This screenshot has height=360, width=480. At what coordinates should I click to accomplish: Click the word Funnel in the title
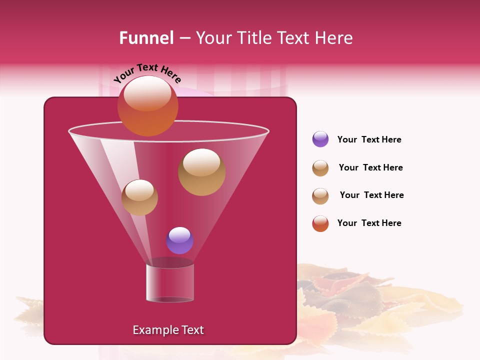point(146,38)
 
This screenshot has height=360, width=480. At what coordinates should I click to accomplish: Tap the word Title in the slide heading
point(254,38)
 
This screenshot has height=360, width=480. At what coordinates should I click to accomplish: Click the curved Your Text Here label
point(147,73)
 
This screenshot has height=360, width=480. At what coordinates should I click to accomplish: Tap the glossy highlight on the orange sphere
point(147,93)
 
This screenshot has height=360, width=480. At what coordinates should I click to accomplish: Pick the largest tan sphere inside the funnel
point(201,172)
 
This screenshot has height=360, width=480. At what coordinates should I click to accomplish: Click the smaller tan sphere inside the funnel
point(139,197)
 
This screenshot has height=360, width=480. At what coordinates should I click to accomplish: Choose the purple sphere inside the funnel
point(179,240)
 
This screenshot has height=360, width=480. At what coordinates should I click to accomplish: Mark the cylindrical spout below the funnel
point(170,282)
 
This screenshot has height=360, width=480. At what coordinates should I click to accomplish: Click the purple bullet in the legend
point(320,139)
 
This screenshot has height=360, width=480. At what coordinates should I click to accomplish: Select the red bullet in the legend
point(320,223)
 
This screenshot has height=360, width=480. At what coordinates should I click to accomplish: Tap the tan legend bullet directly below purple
point(320,168)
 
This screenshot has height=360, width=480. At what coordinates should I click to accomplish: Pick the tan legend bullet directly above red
point(320,196)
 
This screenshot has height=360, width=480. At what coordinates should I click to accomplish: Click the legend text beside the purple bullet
point(369,139)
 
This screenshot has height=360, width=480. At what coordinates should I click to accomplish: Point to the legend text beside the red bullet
point(369,223)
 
